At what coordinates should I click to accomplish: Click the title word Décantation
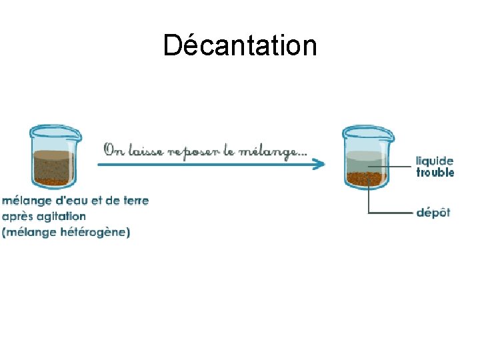(x=240, y=45)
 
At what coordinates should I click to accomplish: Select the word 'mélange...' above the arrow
(x=273, y=153)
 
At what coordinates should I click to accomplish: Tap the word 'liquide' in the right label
(x=435, y=161)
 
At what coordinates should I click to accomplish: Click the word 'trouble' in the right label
(x=435, y=172)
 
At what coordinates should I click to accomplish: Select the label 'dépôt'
(x=433, y=213)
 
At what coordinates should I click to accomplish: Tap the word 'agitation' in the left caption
(x=61, y=216)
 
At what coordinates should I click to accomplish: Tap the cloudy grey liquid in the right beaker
(x=365, y=161)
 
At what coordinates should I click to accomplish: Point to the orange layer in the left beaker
(x=53, y=180)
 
